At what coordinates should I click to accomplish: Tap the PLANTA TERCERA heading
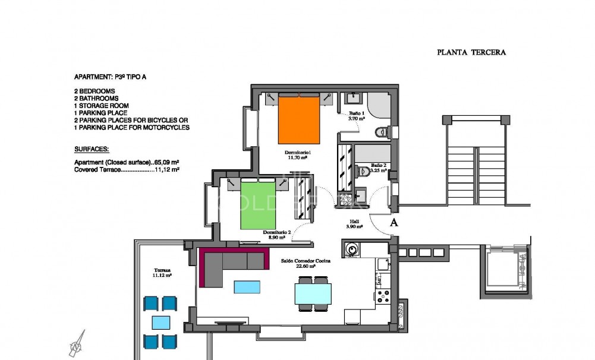point(471,52)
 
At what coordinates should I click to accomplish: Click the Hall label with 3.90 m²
point(354,223)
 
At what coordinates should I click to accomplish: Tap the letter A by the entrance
point(393,223)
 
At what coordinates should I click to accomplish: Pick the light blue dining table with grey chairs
point(313,293)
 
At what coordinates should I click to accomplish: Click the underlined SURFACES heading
point(92,150)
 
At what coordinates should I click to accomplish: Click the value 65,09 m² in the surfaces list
point(167,162)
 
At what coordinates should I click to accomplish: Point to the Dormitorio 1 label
point(300,154)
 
